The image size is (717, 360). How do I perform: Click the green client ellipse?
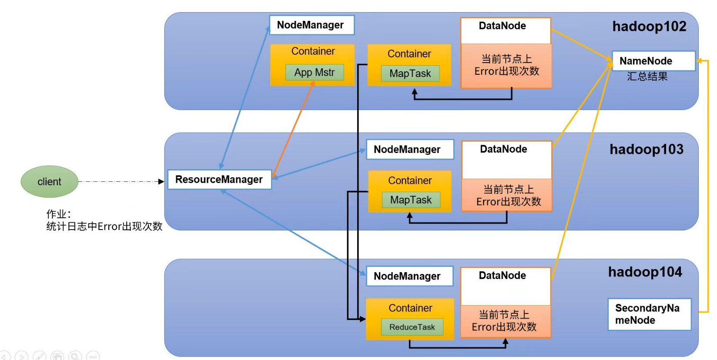(x=49, y=181)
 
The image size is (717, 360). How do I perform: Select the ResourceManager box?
(x=219, y=179)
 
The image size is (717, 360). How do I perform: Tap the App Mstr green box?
(x=315, y=72)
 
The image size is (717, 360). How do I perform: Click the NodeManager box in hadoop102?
(x=311, y=25)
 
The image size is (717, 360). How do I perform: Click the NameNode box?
(x=653, y=61)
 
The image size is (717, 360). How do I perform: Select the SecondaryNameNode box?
(x=649, y=314)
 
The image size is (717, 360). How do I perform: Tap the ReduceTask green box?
(x=412, y=327)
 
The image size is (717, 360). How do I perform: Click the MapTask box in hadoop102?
(x=410, y=73)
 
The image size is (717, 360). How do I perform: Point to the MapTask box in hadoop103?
(x=411, y=200)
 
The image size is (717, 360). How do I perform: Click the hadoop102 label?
(x=649, y=27)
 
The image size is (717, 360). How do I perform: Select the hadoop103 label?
(x=647, y=150)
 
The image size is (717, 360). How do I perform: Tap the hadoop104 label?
(x=645, y=272)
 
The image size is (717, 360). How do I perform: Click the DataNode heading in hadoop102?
(x=503, y=26)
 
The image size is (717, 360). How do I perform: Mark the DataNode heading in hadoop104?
(x=503, y=276)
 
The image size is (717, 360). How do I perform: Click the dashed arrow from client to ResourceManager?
(x=122, y=181)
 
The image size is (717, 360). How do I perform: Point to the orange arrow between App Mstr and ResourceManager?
(x=292, y=130)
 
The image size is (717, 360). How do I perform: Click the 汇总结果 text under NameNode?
(x=647, y=77)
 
